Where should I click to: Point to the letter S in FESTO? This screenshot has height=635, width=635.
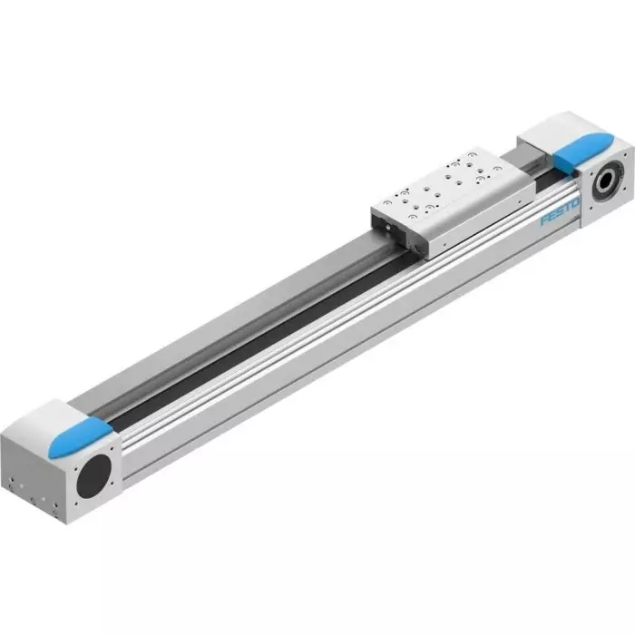pos(559,211)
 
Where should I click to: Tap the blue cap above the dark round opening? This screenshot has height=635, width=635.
pos(80,438)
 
